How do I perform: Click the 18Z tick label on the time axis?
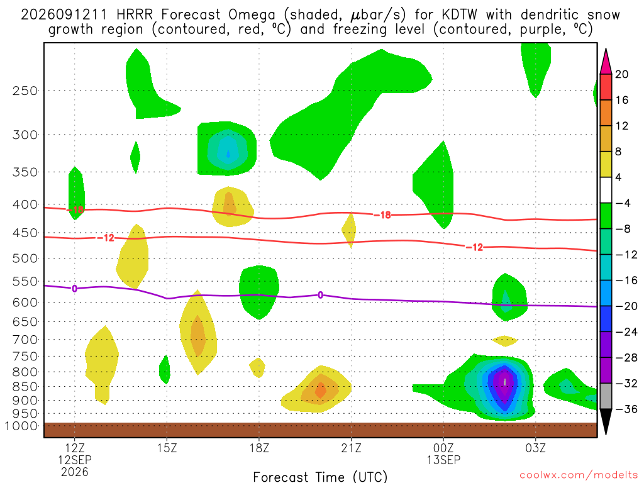click(x=259, y=448)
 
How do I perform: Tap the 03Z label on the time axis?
click(x=536, y=448)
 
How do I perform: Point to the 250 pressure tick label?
click(x=25, y=91)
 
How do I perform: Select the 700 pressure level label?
click(x=25, y=340)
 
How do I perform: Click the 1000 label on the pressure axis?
click(x=21, y=426)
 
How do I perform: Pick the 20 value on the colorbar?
click(x=622, y=74)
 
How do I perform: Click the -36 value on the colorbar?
click(x=626, y=409)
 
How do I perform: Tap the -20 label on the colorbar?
click(x=626, y=306)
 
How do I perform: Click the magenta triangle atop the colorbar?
click(x=606, y=62)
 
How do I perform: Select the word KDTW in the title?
click(x=460, y=15)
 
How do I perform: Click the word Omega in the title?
click(x=252, y=16)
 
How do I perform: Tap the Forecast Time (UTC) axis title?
click(x=320, y=477)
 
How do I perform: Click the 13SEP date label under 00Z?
click(x=443, y=460)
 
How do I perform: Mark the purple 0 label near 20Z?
click(x=320, y=295)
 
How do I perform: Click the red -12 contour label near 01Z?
click(x=475, y=247)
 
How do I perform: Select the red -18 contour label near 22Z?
click(x=382, y=215)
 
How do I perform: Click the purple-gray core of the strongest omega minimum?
click(x=505, y=382)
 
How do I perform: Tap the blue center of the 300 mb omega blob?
click(x=228, y=154)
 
